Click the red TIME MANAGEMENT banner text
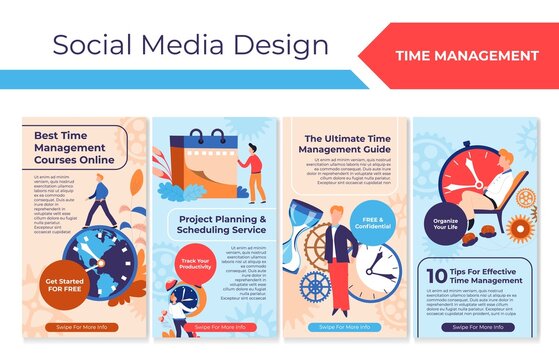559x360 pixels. pos(466,55)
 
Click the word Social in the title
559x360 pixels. pos(90,45)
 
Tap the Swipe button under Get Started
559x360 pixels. pos(83,327)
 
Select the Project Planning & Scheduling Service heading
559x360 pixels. pos(221,223)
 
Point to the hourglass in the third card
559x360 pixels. pos(306,240)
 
